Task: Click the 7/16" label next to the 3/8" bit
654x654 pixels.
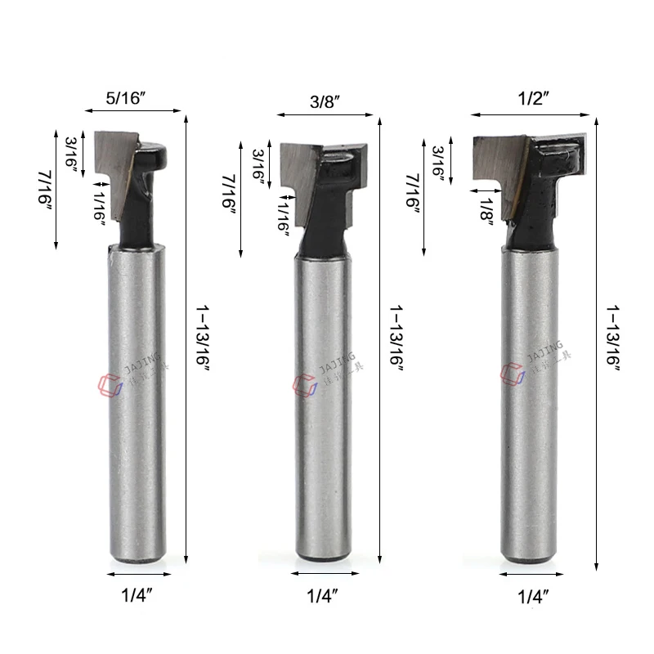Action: pos(231,194)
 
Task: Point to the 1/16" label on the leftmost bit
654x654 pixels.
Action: pos(99,199)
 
